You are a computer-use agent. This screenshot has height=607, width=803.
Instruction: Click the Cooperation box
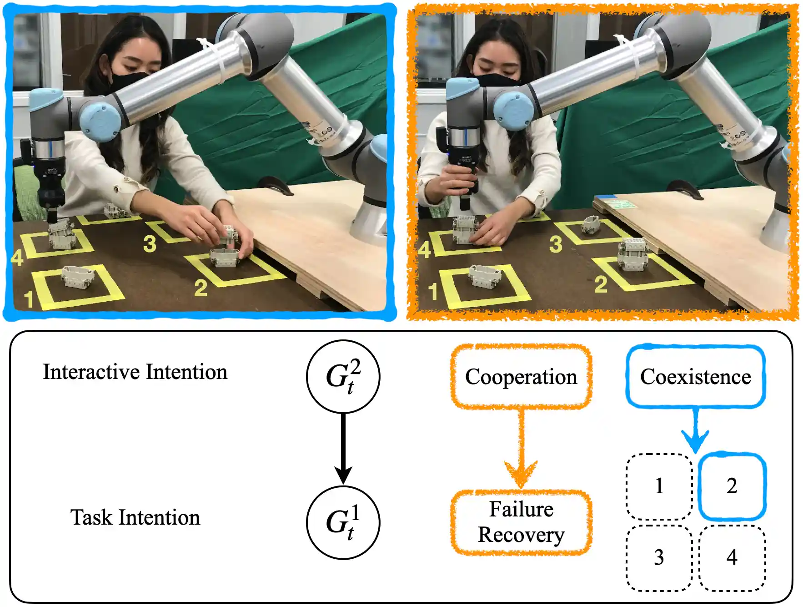[521, 376]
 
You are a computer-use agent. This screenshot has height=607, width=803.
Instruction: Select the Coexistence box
[695, 376]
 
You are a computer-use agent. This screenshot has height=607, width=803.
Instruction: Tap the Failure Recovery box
[521, 522]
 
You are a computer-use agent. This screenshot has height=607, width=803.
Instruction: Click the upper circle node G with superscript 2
[343, 377]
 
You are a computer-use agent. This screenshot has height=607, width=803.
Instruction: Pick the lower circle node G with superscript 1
[343, 522]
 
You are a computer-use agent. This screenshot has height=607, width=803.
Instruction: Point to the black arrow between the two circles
[343, 448]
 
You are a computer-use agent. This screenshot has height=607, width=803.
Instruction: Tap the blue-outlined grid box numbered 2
[732, 486]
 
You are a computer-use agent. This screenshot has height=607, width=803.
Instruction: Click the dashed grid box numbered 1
[659, 486]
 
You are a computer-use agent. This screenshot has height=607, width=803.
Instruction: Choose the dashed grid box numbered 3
[659, 557]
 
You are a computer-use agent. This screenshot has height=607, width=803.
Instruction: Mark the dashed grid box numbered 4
[732, 557]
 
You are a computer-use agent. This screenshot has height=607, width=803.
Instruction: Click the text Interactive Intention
[135, 372]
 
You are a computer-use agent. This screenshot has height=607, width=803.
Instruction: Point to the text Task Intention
[135, 517]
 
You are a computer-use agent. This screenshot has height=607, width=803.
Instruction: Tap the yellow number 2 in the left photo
[201, 288]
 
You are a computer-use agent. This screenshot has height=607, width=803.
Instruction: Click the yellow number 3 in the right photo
[556, 244]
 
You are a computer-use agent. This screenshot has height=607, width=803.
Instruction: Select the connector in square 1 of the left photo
[78, 277]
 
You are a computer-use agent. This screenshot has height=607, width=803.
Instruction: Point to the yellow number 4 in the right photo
[424, 250]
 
